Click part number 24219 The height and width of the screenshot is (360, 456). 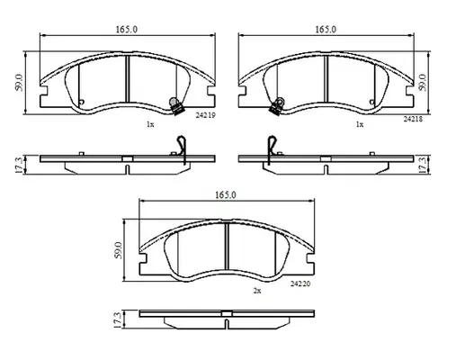(205, 115)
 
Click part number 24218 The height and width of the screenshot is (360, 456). (413, 119)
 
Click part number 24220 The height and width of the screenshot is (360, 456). (300, 283)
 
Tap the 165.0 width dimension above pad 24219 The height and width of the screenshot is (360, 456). (127, 30)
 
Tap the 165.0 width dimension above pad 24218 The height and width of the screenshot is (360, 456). (326, 30)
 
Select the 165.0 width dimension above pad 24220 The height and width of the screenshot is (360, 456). (226, 195)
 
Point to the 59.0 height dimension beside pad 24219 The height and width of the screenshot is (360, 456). (19, 83)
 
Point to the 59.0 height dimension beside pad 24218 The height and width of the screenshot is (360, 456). (422, 83)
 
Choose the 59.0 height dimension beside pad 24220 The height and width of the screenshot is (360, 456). (119, 250)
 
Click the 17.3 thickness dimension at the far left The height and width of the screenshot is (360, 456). (19, 165)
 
